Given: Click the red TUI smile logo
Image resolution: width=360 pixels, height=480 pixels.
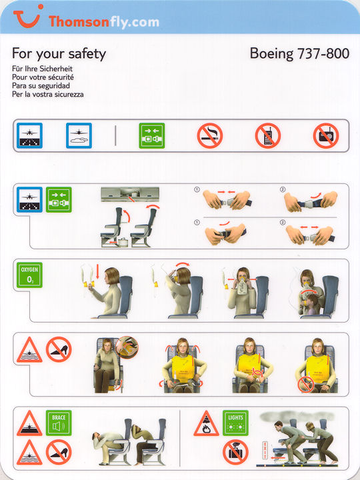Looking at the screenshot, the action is click(x=27, y=19).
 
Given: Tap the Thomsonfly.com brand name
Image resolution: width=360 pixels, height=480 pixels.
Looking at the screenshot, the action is click(x=104, y=22).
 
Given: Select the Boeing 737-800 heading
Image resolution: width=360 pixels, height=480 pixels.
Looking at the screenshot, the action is click(x=299, y=53).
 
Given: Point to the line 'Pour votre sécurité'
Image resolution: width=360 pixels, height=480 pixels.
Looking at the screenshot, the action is click(x=43, y=77).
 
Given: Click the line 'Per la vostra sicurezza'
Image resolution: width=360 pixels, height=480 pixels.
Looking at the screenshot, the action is click(x=48, y=94).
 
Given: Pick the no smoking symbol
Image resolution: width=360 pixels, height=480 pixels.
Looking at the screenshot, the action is click(x=210, y=135).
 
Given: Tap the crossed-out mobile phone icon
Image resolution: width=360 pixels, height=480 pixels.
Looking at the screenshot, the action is click(x=268, y=135).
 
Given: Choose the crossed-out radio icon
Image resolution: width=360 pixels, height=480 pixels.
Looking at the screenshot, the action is click(x=326, y=135).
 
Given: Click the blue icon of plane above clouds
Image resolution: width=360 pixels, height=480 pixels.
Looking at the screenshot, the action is click(x=79, y=135).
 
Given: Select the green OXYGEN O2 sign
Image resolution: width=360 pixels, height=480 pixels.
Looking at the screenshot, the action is click(x=29, y=275).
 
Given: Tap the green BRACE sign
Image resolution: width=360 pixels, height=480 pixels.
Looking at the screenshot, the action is click(x=59, y=423).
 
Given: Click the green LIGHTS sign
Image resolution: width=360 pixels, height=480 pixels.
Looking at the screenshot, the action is click(x=235, y=423).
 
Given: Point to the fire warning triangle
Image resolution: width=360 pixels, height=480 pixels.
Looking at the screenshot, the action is click(x=206, y=424).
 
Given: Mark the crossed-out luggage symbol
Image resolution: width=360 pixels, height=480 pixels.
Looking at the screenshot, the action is click(x=235, y=452).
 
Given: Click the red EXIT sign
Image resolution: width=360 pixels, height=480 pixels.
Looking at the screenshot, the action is click(x=265, y=450).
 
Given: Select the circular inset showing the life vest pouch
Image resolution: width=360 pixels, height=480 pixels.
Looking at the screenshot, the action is click(x=127, y=347).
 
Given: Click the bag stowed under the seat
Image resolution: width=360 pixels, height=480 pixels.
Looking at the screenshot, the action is click(x=123, y=241).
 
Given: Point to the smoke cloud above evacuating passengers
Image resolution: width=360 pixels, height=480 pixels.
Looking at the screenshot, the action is click(x=297, y=416).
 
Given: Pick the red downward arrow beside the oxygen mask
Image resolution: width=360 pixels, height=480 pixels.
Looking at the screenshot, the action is click(x=98, y=271).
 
